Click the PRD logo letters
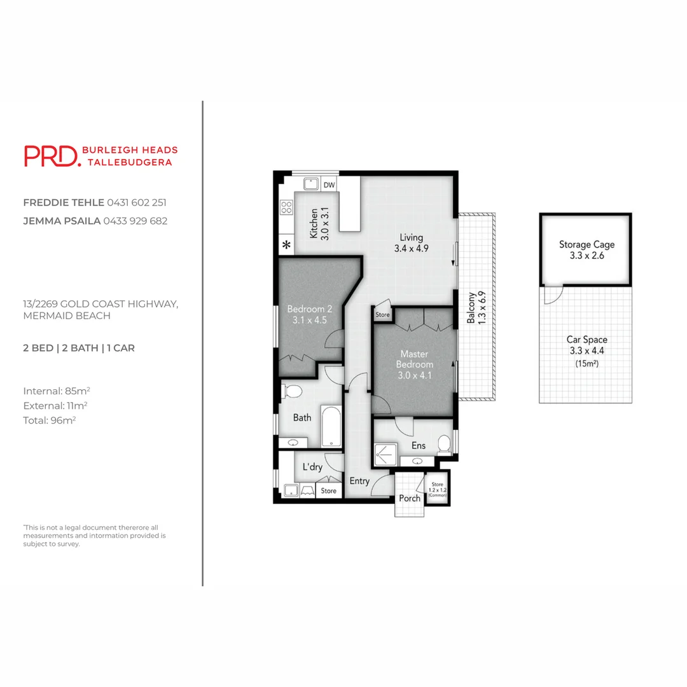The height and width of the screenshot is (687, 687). [51, 156]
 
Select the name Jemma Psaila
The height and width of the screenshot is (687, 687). [62, 221]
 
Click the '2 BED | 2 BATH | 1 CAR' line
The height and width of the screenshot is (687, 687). [79, 348]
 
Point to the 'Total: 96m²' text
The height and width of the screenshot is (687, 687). [50, 420]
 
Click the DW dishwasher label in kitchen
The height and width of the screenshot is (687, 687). [329, 185]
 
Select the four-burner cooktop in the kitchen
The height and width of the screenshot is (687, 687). [286, 207]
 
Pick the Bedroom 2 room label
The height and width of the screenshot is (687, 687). [309, 315]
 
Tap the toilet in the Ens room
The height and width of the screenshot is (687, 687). [446, 443]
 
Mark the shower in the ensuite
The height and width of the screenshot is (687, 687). [384, 454]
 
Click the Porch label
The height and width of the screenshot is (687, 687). [410, 498]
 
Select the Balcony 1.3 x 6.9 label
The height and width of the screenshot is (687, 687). [476, 309]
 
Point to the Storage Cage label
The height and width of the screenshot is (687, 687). [586, 249]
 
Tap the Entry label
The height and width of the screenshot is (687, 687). [359, 481]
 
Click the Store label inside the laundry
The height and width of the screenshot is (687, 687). [329, 490]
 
